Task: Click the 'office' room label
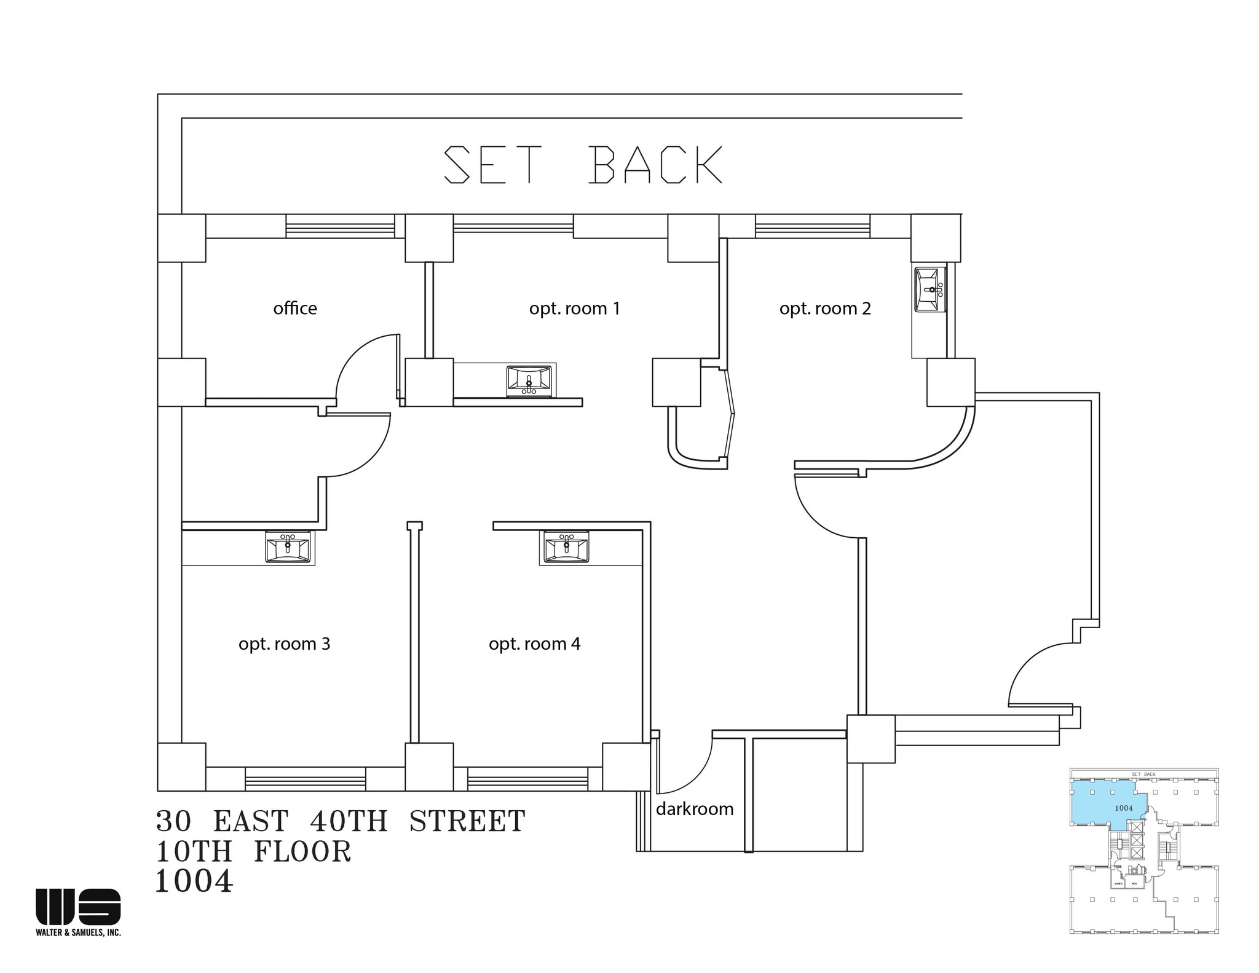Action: [x=295, y=308]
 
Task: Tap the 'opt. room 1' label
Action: [x=574, y=308]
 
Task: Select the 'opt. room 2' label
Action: [x=825, y=308]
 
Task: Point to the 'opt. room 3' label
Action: [x=284, y=644]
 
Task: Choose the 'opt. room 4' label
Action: [x=534, y=644]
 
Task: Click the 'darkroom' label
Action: [x=695, y=808]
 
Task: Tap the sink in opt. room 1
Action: [x=529, y=381]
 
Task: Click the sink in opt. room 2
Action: [x=929, y=290]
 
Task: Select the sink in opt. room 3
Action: [x=288, y=546]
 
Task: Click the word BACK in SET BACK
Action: [x=655, y=165]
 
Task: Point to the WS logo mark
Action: [x=78, y=906]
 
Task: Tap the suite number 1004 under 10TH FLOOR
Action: [x=194, y=881]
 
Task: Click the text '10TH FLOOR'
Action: [x=253, y=852]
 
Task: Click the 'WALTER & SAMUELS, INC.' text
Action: [x=78, y=932]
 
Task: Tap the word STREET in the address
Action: [x=467, y=822]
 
